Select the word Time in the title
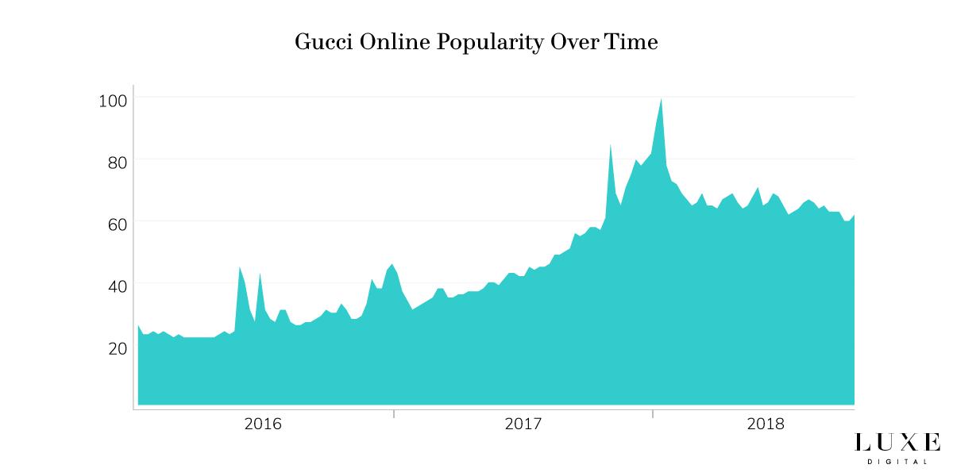pos(631,42)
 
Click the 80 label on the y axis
pos(117,161)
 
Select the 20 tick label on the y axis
pos(117,347)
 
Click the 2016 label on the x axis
pos(263,424)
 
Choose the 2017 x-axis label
pos(523,424)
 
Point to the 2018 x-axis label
pos(766,424)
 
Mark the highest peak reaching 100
pos(661,99)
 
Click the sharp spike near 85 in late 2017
pos(610,145)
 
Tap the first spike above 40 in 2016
pos(240,267)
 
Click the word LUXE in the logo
pos(897,443)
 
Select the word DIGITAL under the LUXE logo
pos(897,461)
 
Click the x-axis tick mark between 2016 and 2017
pos(394,413)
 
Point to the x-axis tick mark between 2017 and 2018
pos(653,413)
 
